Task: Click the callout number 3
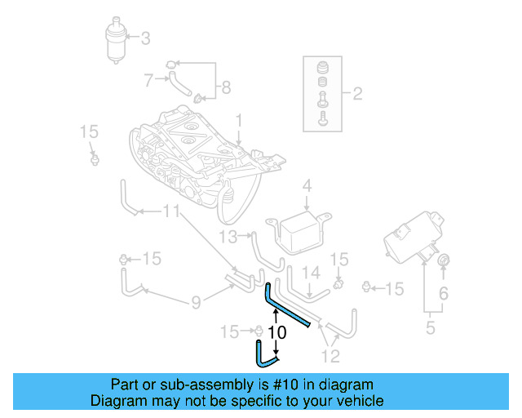coord(146,38)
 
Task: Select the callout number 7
coord(148,80)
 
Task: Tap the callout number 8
coord(226,87)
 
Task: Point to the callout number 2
coord(356,93)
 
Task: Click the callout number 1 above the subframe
coord(239,121)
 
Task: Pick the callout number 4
coord(307,186)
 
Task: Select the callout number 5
coord(431,329)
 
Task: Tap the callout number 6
coord(445,293)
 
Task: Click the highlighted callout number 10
coord(276,333)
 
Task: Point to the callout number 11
coord(170,212)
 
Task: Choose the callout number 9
coord(196,303)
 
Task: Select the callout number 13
coord(228,237)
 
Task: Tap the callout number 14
coord(312,273)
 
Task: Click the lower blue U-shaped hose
coord(265,354)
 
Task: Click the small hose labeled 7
coord(178,82)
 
